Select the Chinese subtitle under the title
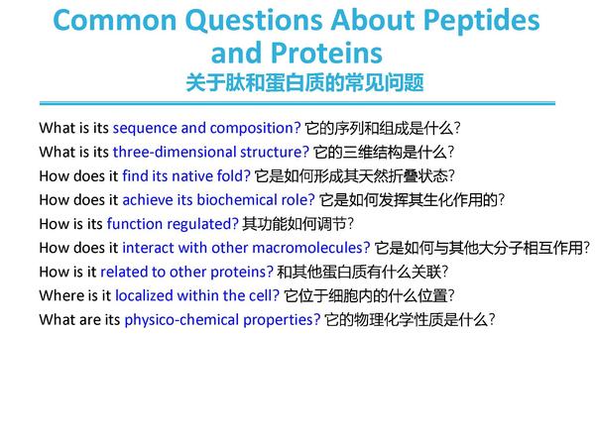point(304,82)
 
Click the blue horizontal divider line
point(297,103)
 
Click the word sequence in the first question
point(145,129)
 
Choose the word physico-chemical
point(181,320)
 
